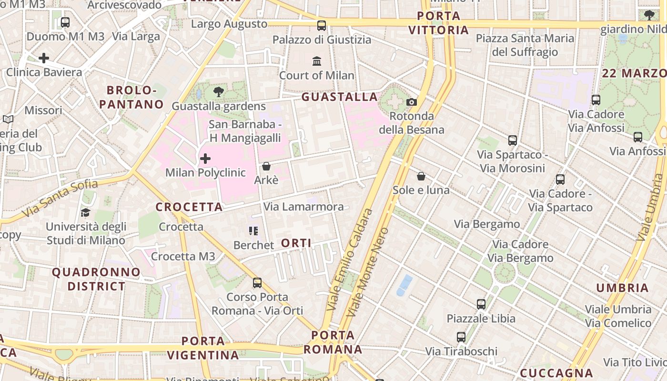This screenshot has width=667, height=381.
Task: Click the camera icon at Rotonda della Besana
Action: [412, 102]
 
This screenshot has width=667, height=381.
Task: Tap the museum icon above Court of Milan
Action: [317, 61]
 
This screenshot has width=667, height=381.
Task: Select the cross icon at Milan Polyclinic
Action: [205, 158]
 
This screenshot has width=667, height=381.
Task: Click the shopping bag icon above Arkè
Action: [266, 166]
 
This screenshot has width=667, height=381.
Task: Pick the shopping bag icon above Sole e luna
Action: [421, 176]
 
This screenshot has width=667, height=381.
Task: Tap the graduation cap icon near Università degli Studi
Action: [86, 212]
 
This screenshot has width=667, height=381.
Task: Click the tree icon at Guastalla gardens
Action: [219, 91]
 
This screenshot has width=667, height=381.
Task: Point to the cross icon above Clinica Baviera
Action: [44, 58]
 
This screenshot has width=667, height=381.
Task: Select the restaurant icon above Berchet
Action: [253, 231]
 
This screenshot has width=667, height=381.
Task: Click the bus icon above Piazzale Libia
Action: [481, 304]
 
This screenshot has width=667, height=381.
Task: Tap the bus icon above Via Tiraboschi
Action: [461, 337]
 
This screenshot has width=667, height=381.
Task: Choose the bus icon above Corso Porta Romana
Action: [257, 283]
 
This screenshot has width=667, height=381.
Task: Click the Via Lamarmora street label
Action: [303, 207]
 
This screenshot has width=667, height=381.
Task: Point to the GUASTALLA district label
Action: [340, 97]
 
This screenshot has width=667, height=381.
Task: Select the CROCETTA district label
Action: [189, 207]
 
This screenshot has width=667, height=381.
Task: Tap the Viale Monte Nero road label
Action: [367, 272]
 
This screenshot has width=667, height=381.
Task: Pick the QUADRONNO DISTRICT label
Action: [96, 279]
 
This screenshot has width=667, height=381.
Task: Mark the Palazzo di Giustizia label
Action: [322, 40]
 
